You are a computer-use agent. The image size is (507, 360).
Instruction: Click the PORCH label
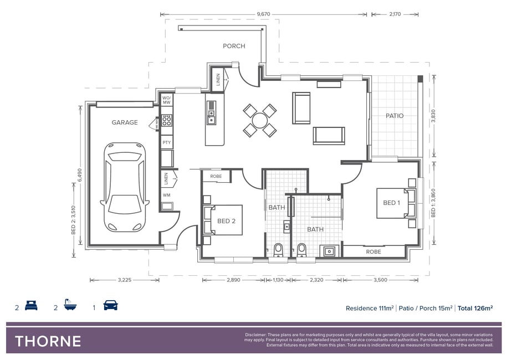pyautogui.click(x=234, y=46)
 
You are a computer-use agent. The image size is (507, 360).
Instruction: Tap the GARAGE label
pyautogui.click(x=125, y=122)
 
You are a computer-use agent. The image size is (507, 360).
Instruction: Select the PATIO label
pyautogui.click(x=395, y=116)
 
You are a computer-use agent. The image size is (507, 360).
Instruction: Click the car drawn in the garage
pyautogui.click(x=125, y=187)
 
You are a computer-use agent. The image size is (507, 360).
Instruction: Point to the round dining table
pyautogui.click(x=260, y=121)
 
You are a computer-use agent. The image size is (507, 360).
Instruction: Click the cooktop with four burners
pyautogui.click(x=167, y=121)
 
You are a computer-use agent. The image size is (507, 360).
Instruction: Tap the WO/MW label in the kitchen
pyautogui.click(x=167, y=100)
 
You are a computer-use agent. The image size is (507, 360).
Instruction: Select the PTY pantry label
pyautogui.click(x=167, y=142)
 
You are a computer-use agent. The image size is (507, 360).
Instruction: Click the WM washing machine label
pyautogui.click(x=167, y=195)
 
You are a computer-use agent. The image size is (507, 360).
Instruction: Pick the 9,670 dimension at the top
pyautogui.click(x=264, y=14)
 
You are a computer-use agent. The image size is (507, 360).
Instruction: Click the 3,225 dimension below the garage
pyautogui.click(x=125, y=280)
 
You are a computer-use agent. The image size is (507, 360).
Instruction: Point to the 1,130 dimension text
pyautogui.click(x=278, y=280)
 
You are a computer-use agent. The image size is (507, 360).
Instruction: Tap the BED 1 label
pyautogui.click(x=391, y=203)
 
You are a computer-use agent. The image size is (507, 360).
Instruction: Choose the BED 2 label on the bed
pyautogui.click(x=226, y=221)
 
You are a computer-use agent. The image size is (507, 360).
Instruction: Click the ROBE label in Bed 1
pyautogui.click(x=373, y=252)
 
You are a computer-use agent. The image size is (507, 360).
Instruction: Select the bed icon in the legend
pyautogui.click(x=31, y=306)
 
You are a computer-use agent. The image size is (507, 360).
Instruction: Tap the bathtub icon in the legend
pyautogui.click(x=70, y=305)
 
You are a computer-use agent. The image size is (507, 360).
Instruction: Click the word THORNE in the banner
pyautogui.click(x=48, y=342)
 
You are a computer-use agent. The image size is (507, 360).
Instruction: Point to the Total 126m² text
pyautogui.click(x=475, y=308)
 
